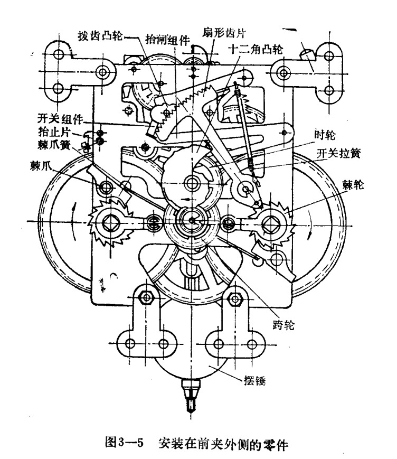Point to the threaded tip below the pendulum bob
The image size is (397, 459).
coord(192,397)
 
